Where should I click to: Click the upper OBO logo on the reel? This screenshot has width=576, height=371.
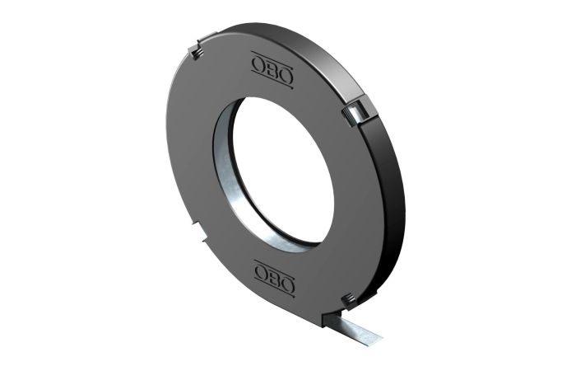[272, 70]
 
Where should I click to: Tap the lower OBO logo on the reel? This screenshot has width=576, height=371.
[275, 279]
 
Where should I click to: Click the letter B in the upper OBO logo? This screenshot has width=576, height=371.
[272, 70]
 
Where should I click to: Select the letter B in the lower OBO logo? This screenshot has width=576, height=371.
[274, 279]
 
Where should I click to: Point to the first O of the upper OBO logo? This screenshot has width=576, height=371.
[258, 65]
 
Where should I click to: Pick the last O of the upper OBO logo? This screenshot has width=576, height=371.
[286, 76]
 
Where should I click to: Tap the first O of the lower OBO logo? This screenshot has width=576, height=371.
[261, 273]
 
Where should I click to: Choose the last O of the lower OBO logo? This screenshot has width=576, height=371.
[288, 284]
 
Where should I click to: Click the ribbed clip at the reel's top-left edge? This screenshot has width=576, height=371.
[195, 52]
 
